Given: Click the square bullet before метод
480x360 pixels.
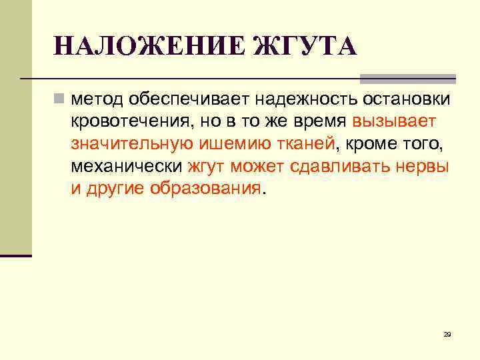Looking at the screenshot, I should (59, 100).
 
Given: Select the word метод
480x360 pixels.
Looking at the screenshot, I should (98, 100).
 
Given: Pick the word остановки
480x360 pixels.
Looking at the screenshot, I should (407, 100).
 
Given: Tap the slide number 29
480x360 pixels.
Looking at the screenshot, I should (447, 334).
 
